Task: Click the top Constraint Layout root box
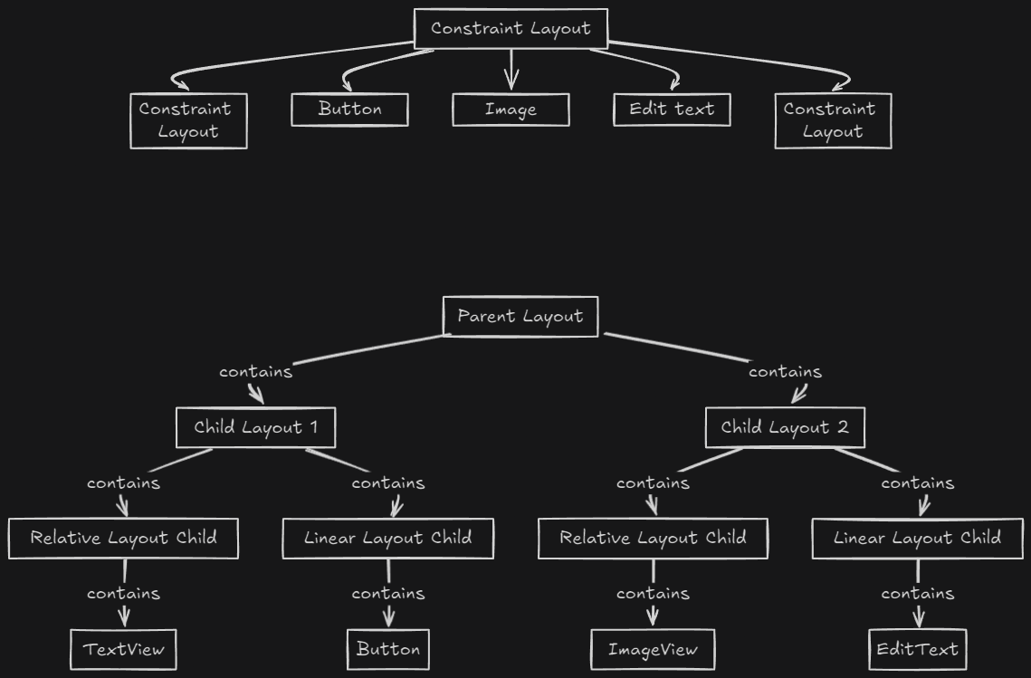click(x=511, y=28)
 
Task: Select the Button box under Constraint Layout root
click(x=349, y=110)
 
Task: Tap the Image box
click(x=511, y=110)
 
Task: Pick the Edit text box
click(x=672, y=110)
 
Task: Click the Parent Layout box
click(x=520, y=316)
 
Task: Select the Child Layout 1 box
click(x=255, y=427)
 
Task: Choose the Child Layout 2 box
click(x=785, y=427)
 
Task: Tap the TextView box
click(x=124, y=649)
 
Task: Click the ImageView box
click(x=653, y=649)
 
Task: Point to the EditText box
click(x=917, y=649)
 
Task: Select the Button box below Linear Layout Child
click(x=388, y=649)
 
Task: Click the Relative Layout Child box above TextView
click(x=124, y=538)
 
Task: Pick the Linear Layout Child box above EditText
click(x=917, y=538)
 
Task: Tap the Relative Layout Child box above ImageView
click(x=653, y=538)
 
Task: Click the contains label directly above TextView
click(x=124, y=594)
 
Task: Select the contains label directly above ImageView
click(x=653, y=594)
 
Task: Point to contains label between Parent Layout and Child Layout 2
click(x=785, y=371)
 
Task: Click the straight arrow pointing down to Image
click(x=511, y=69)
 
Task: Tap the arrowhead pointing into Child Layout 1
click(x=257, y=396)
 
